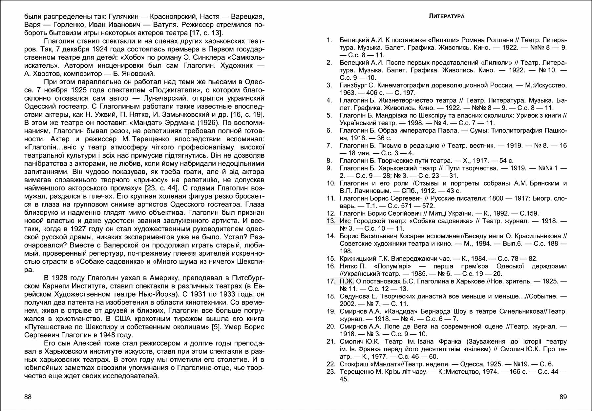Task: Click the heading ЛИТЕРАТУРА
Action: point(446,16)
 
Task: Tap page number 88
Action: point(28,397)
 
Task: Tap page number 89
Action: point(563,397)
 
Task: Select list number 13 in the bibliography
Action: point(331,221)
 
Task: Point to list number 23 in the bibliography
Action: point(331,372)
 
